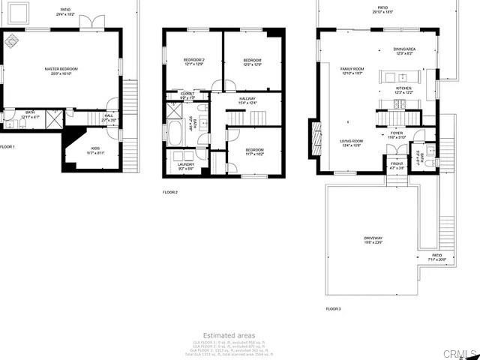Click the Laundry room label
[x=186, y=166]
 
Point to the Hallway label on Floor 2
[x=247, y=100]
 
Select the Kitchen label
[x=404, y=89]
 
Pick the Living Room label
[x=352, y=142]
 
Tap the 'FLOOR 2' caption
[x=170, y=193]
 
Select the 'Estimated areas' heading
[x=229, y=335]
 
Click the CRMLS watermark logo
[x=458, y=352]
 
